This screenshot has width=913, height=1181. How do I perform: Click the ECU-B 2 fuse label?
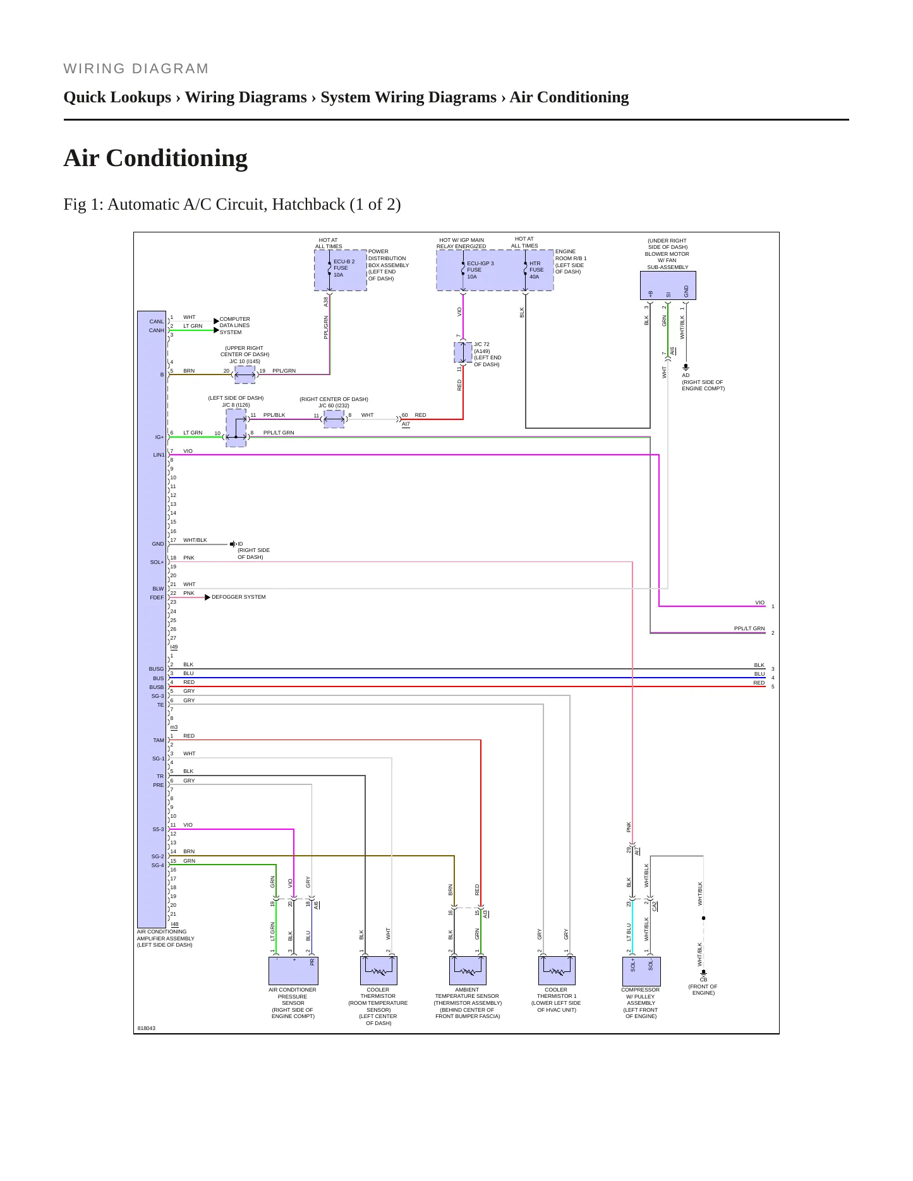[344, 268]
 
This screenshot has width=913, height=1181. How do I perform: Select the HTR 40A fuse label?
[536, 270]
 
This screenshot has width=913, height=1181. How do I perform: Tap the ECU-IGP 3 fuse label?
[480, 270]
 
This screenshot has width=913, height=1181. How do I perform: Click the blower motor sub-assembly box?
[668, 286]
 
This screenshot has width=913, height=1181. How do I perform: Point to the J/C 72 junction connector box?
[463, 352]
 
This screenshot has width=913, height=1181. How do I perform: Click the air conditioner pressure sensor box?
[293, 971]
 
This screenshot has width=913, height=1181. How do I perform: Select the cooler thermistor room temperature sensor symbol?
[378, 970]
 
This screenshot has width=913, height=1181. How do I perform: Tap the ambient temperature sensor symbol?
[468, 970]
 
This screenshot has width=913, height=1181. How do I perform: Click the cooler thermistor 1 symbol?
[557, 970]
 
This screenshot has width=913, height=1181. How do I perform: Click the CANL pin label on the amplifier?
[157, 321]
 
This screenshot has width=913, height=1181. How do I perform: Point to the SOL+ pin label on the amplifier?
[157, 562]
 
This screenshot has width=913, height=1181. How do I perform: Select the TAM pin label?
[158, 740]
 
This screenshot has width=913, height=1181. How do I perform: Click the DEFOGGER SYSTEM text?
[239, 597]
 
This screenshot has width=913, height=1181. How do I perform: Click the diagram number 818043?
[146, 1028]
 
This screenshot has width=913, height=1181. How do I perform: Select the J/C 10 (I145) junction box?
[245, 375]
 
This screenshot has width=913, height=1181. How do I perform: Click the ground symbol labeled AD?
[686, 367]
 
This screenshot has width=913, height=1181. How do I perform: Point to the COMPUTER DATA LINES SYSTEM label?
[235, 326]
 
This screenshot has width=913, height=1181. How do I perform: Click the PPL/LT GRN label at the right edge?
[749, 628]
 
